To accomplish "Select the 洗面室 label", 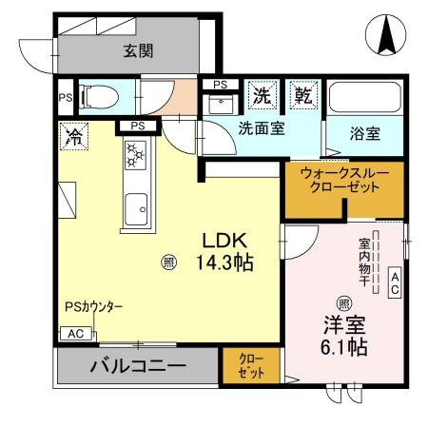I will [x=262, y=128].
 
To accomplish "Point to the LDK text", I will [x=224, y=241].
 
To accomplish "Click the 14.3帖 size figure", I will [x=224, y=263].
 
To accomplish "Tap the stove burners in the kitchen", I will [x=134, y=155].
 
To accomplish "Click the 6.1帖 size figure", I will [x=343, y=347].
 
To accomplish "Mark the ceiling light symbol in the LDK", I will [x=167, y=262].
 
